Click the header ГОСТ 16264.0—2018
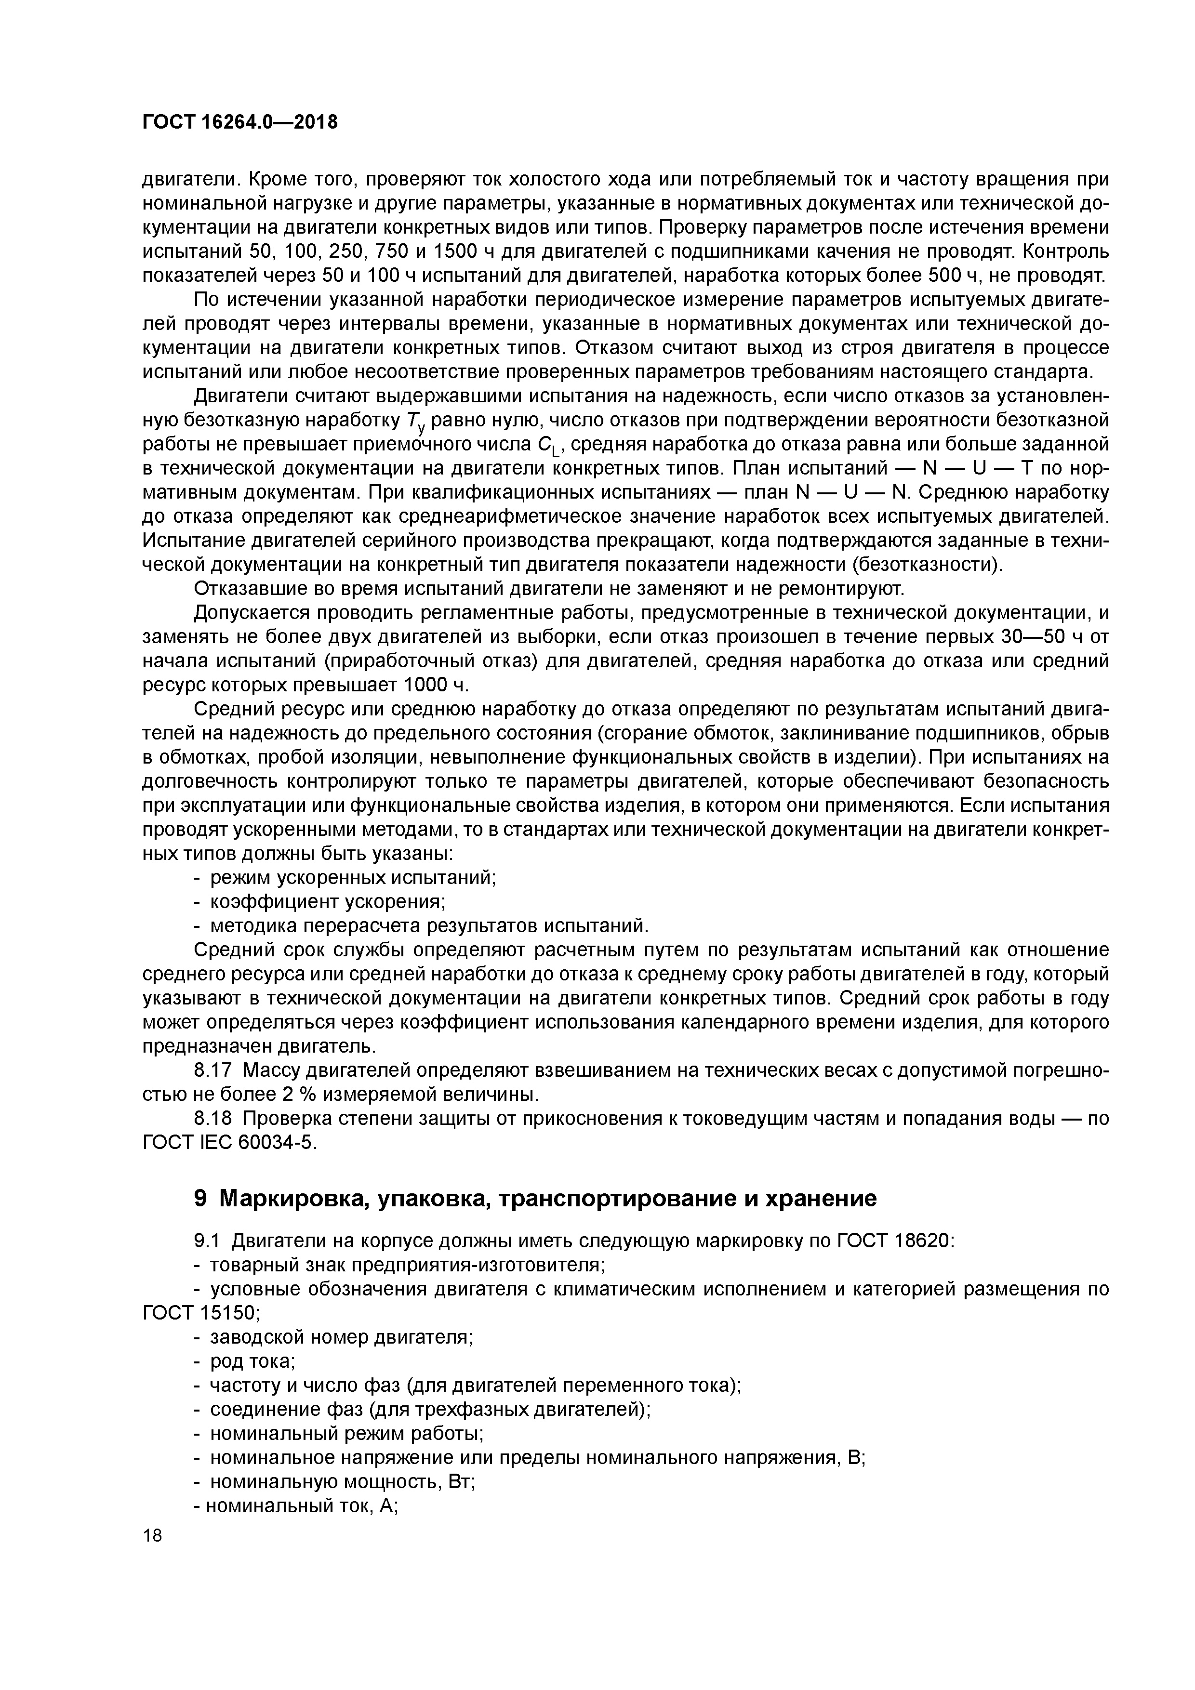pyautogui.click(x=240, y=122)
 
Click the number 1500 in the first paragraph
pyautogui.click(x=456, y=252)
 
